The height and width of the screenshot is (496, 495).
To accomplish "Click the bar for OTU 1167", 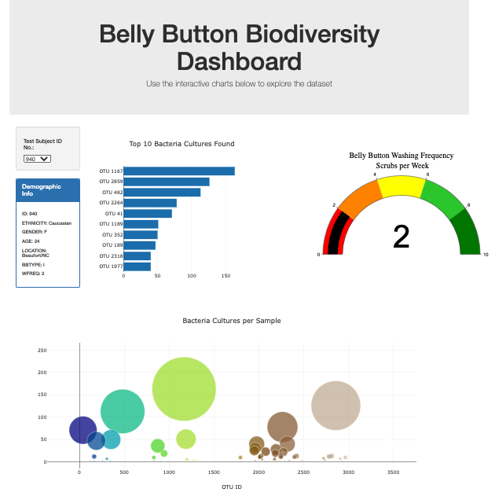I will point(178,171).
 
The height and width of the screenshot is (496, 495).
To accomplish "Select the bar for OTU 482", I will point(161,192).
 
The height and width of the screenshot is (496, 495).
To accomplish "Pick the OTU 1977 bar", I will point(137,266).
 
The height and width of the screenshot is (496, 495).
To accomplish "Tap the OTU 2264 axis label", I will point(111,203).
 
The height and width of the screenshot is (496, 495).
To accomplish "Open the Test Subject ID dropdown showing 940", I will point(37,158).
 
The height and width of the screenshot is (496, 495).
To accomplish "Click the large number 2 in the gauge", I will point(401,237).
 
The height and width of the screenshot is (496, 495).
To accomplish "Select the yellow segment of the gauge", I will point(401,186).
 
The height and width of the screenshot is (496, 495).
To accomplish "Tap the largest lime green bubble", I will point(184,389).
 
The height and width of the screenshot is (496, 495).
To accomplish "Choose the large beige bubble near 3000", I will point(335,406).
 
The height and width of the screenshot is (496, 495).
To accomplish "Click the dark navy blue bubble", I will point(83,429).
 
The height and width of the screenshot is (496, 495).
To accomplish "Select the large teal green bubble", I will point(123,411).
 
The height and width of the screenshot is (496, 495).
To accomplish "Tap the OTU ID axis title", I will point(232,487).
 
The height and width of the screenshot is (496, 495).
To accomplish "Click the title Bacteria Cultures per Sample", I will point(231,321).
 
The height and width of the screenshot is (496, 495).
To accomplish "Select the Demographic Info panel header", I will point(47,189).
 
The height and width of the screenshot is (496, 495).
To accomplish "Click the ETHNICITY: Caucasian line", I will point(46,222).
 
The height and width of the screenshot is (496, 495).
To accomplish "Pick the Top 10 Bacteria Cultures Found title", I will point(181,144).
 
